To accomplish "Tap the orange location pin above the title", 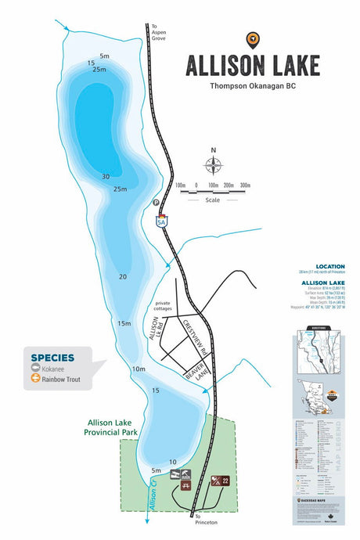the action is coord(251,38).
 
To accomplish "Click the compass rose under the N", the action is coord(213,166).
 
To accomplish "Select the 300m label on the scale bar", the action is coord(245,185).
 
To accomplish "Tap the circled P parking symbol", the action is coord(156,203).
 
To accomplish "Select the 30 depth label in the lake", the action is coord(105,177).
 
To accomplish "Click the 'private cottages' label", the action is coord(163,306).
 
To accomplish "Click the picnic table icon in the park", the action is coord(185,486).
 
